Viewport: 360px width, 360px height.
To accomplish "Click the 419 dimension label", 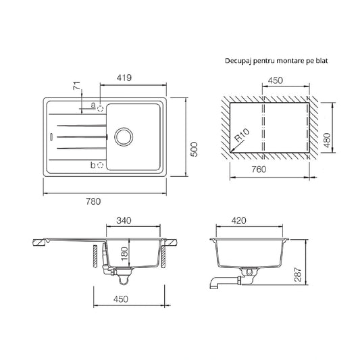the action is pos(124,78).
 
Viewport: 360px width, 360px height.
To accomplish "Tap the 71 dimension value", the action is pos(77,85).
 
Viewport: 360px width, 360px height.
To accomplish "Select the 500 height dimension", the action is pos(195,149).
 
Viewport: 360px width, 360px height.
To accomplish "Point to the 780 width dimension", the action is pos(93,201).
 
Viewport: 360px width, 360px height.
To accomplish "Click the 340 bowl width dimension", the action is pos(124,220).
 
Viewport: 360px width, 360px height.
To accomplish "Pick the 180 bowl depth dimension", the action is pos(124,254).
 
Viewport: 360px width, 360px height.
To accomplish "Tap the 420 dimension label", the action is pos(238,220).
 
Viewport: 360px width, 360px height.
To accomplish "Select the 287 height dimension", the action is pos(298,275).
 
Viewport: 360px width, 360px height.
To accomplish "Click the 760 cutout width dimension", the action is pos(259,170).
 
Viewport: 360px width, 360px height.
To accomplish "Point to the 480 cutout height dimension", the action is pos(326,140).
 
